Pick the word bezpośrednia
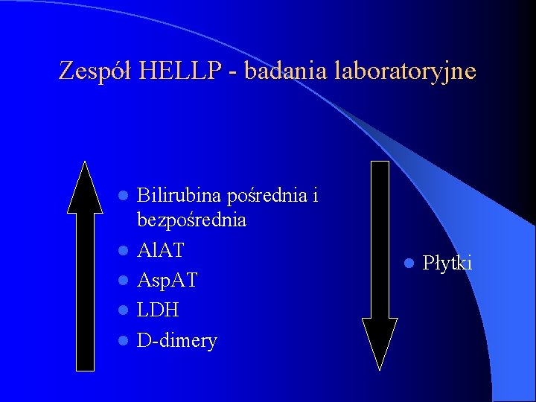(191, 220)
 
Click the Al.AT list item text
(161, 250)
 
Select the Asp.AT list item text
(167, 281)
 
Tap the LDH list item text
(158, 310)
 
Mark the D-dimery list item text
(177, 341)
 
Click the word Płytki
(447, 262)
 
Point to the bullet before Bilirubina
(124, 196)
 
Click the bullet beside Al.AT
(124, 251)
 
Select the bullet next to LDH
(124, 311)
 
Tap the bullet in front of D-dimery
(124, 342)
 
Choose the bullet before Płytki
(409, 263)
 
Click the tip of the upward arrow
(86, 164)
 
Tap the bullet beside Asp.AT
(124, 281)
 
